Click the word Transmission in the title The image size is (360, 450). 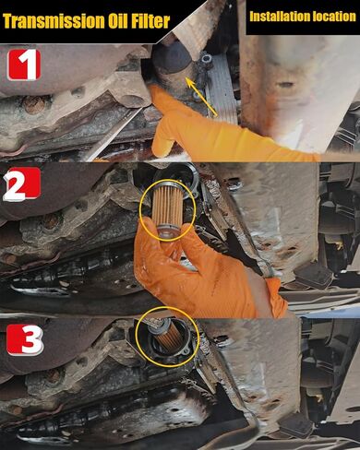[x=53, y=21]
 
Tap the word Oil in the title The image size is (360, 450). [x=117, y=21]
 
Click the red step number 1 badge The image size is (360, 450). [x=24, y=65]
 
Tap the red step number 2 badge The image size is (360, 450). [x=21, y=184]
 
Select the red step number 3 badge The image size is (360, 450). [x=25, y=340]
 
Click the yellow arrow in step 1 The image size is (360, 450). [x=202, y=97]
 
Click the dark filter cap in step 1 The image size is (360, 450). [x=173, y=58]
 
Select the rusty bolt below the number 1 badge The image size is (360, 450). [x=33, y=105]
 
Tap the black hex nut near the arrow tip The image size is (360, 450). [x=206, y=59]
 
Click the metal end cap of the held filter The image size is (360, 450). [x=168, y=231]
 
